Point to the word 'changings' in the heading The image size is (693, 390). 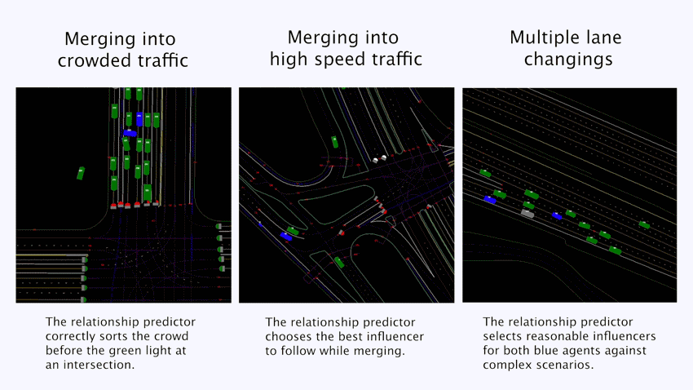click(x=568, y=60)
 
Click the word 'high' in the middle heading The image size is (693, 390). click(x=289, y=59)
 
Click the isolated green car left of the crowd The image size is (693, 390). click(x=81, y=173)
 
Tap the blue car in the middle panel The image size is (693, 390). click(x=286, y=237)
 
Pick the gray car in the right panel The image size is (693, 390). click(x=527, y=214)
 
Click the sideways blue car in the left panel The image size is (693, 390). click(x=130, y=133)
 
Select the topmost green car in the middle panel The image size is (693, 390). click(x=334, y=142)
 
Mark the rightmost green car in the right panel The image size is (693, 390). click(x=644, y=225)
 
